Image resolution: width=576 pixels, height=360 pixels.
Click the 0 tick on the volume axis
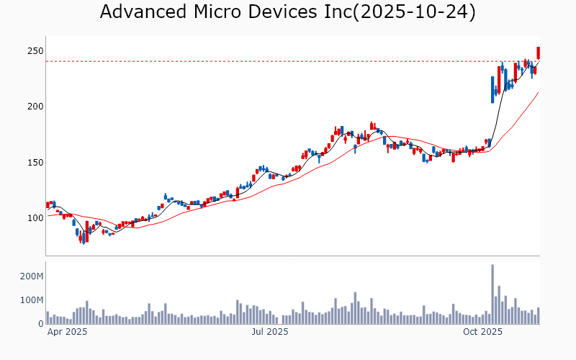[40, 323]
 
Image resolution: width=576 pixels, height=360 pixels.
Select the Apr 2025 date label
[67, 332]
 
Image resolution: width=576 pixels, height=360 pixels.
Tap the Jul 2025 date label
[270, 332]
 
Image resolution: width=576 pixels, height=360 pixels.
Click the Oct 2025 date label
[482, 332]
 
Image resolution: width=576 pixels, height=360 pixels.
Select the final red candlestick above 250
[538, 53]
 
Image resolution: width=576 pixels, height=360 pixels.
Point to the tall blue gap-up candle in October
[492, 89]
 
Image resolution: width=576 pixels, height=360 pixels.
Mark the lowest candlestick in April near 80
[84, 238]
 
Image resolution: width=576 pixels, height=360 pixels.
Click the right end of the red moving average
[538, 92]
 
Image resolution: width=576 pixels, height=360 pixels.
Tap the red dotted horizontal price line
[288, 61]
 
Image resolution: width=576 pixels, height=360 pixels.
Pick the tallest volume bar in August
[356, 307]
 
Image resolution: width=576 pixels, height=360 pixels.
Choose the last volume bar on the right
[538, 315]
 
